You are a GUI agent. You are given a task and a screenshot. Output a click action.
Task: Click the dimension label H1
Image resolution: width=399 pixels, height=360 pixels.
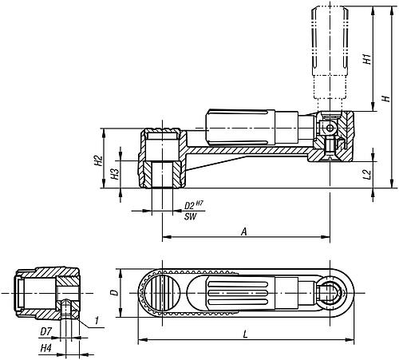coord(365,59)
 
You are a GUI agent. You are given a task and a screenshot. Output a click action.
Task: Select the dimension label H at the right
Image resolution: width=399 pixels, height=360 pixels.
coord(385,98)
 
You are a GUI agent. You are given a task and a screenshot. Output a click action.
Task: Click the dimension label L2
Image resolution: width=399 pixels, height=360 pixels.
coord(366,173)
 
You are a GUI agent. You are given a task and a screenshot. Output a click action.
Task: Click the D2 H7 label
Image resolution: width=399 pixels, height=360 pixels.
coord(194,206)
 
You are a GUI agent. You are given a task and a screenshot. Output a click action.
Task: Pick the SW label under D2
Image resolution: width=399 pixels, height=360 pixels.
coord(191,216)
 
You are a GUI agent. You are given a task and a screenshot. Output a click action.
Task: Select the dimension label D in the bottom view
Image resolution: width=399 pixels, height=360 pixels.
coord(114,292)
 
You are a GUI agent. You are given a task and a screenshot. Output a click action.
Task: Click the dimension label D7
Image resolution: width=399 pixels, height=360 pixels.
coord(45,330)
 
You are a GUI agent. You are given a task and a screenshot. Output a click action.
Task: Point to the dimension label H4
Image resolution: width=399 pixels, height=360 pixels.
coord(45,349)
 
